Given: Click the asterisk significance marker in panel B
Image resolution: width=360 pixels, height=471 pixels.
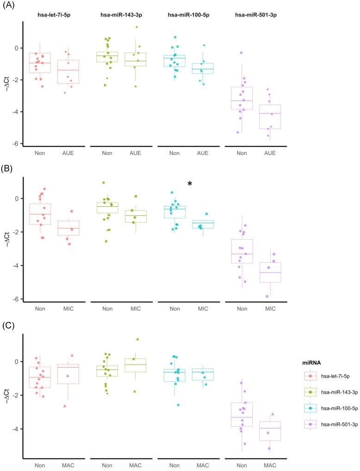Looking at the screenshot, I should [x=190, y=184].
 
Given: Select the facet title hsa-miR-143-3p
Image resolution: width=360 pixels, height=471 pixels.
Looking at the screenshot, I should [x=121, y=15].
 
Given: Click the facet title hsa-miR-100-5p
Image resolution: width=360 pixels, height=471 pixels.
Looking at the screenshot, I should [x=188, y=15].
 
